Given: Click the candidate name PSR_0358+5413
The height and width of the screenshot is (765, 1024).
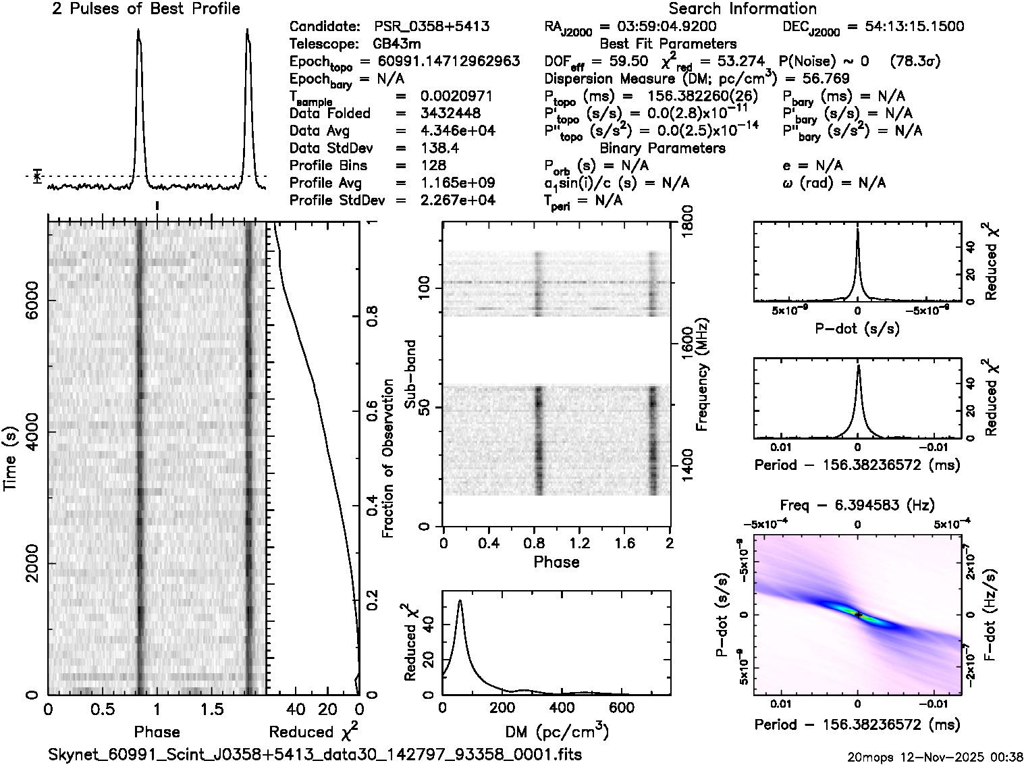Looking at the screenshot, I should pyautogui.click(x=431, y=27).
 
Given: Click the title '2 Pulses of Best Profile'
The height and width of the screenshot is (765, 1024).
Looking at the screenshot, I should pyautogui.click(x=146, y=9).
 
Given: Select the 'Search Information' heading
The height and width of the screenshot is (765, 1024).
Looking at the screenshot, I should pyautogui.click(x=742, y=9).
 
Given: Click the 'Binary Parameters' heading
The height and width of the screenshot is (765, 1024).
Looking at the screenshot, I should pyautogui.click(x=662, y=148).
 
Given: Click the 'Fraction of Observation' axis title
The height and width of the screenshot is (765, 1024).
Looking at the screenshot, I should pyautogui.click(x=387, y=458).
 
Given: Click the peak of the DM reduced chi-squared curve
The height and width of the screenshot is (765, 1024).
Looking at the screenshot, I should pyautogui.click(x=460, y=600).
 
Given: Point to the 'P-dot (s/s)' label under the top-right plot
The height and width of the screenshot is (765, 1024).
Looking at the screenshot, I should pyautogui.click(x=857, y=328).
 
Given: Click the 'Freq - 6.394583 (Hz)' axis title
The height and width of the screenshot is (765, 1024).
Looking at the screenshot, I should pyautogui.click(x=857, y=505).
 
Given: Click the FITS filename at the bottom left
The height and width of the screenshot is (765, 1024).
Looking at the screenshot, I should pyautogui.click(x=315, y=754).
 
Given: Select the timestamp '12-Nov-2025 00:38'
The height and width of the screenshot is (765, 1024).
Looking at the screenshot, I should pyautogui.click(x=959, y=756).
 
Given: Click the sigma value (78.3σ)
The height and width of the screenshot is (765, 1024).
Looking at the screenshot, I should pyautogui.click(x=915, y=61).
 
